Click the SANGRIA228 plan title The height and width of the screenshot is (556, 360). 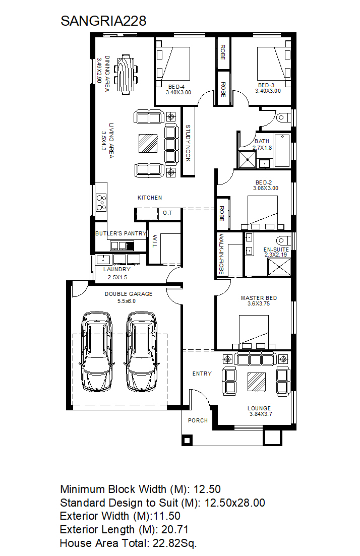pos(103,21)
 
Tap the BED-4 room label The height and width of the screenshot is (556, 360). pos(176,87)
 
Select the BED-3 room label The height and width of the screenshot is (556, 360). pos(266,85)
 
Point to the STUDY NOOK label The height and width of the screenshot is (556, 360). pos(188,143)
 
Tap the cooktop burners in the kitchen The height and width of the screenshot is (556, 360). pos(101,203)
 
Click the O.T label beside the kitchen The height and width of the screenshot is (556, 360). pos(167,213)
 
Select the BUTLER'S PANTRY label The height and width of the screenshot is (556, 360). pos(121,233)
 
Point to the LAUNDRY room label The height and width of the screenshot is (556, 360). pos(116,269)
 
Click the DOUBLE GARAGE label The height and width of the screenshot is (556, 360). pos(129,293)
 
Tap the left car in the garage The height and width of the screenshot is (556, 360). pos(97,352)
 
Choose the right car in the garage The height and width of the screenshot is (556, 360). pos(142,352)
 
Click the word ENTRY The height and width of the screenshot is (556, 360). pos(202,374)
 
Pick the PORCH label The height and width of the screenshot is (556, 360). pos(198,420)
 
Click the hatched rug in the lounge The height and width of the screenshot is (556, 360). pos(257,382)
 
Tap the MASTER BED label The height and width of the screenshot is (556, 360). pos(259,298)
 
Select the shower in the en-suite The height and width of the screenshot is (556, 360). pos(279,267)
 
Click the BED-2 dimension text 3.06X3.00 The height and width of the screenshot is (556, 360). pos(266,188)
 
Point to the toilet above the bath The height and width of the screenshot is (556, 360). pos(283,117)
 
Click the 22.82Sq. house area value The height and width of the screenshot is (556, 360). pos(174,543)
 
